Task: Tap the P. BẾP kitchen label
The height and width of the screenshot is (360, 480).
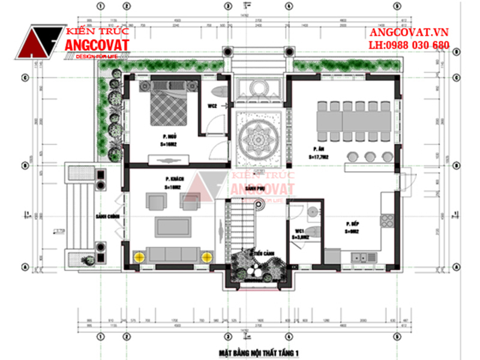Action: pyautogui.click(x=352, y=223)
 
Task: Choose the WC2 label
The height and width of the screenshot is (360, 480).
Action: pyautogui.click(x=212, y=106)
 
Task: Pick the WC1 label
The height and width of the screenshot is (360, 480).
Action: pyautogui.click(x=298, y=230)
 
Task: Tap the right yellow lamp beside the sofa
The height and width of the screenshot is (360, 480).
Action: pyautogui.click(x=207, y=256)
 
